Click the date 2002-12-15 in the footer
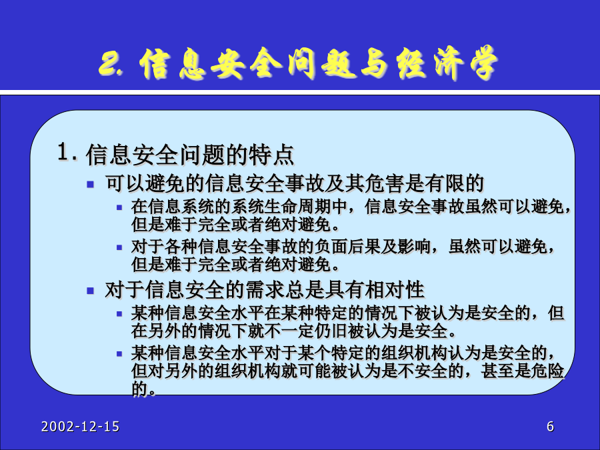pyautogui.click(x=81, y=426)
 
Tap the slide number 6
pyautogui.click(x=550, y=426)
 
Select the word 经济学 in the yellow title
pyautogui.click(x=447, y=63)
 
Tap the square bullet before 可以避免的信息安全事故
pyautogui.click(x=91, y=185)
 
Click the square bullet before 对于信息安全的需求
pyautogui.click(x=91, y=291)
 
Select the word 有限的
pyautogui.click(x=454, y=184)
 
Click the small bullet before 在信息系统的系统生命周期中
pyautogui.click(x=119, y=208)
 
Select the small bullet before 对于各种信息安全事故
pyautogui.click(x=119, y=248)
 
